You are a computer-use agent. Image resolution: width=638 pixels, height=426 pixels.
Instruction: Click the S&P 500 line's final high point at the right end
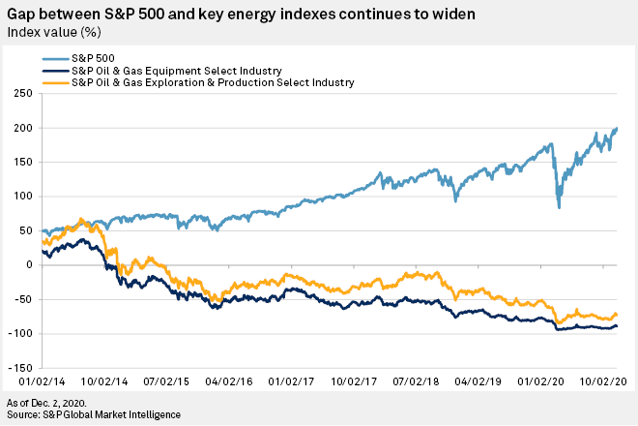point(618,128)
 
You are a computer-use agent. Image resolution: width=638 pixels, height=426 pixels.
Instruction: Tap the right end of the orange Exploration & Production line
point(618,316)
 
